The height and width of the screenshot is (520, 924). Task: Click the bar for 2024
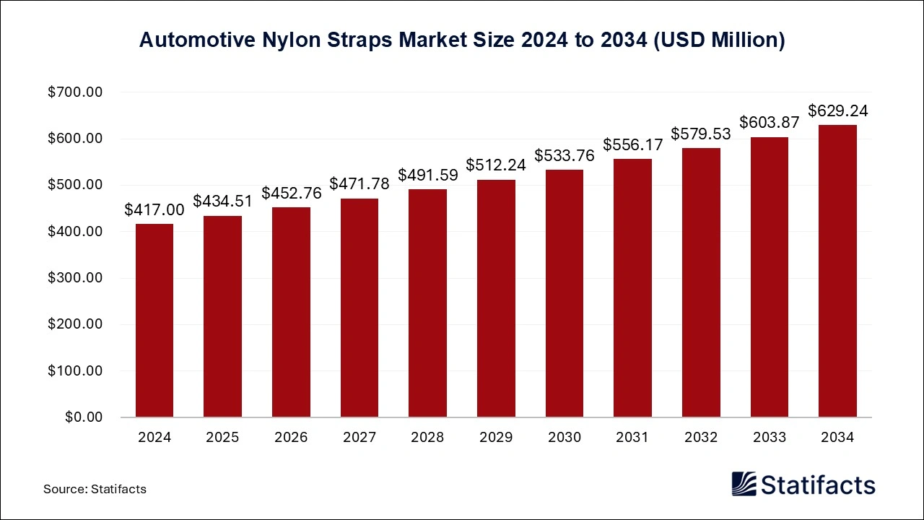[154, 321]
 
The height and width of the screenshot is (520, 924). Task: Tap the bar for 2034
[837, 272]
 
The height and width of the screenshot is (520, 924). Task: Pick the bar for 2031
[632, 288]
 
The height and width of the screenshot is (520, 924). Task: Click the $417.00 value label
[154, 210]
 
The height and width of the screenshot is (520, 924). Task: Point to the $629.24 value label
[837, 111]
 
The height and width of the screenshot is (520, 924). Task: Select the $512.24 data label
[496, 165]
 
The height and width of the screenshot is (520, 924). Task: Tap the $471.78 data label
[359, 184]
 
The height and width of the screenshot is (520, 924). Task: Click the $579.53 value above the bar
[701, 134]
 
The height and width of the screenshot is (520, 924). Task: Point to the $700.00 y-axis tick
[76, 92]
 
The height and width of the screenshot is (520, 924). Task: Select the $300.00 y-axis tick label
[76, 278]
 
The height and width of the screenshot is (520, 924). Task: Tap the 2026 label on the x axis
[291, 438]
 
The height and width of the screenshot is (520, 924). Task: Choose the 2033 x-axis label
[769, 438]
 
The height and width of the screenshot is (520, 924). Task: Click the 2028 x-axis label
[427, 438]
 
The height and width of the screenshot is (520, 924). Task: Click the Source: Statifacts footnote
[95, 489]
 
